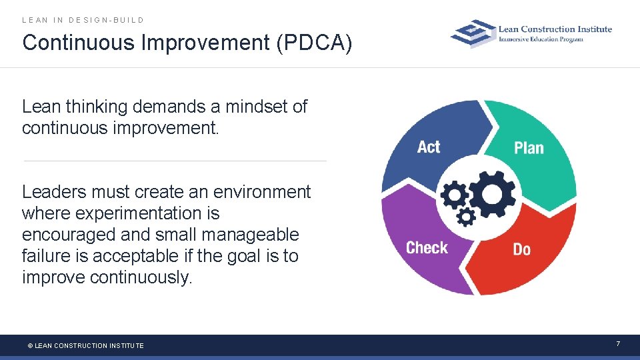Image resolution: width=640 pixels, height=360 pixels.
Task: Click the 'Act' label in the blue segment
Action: [429, 147]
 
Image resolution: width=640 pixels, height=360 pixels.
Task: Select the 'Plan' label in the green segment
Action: [529, 148]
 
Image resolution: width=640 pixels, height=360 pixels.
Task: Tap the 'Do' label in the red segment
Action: [521, 249]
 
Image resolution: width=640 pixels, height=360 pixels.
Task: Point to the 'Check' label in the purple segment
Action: [427, 248]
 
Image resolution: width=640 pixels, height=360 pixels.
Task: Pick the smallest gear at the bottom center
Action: [467, 216]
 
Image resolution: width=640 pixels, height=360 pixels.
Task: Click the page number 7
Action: [617, 344]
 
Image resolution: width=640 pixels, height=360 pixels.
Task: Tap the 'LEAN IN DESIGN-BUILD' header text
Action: [83, 20]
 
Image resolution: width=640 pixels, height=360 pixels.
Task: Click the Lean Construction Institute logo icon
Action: [473, 33]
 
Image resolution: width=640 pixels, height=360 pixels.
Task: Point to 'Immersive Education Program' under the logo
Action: [541, 39]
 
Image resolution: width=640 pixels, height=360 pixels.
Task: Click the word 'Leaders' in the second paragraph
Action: [54, 192]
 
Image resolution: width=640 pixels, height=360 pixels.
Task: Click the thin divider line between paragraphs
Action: [175, 161]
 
